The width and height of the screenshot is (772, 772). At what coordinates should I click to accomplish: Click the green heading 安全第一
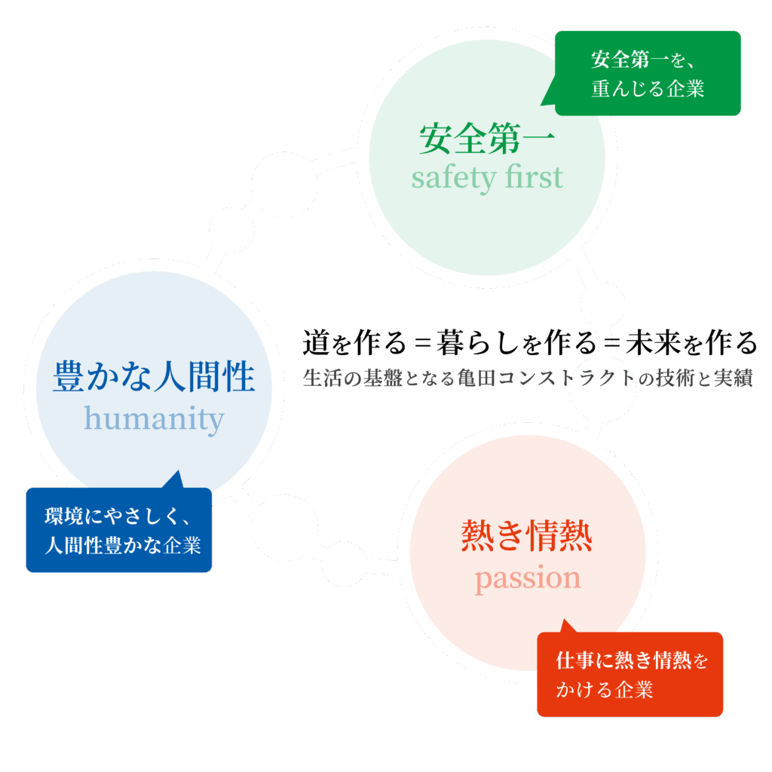tap(487, 139)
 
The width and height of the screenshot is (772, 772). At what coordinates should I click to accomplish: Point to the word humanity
tap(154, 418)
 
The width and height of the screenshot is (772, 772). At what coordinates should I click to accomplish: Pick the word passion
tap(527, 579)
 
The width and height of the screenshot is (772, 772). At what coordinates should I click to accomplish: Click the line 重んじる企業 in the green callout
tap(648, 89)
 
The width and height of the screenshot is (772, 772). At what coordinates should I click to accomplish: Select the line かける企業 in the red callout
tap(605, 690)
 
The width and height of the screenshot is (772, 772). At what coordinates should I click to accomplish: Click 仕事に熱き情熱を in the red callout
tap(632, 661)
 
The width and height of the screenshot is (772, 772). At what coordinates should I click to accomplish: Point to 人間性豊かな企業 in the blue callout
tap(123, 546)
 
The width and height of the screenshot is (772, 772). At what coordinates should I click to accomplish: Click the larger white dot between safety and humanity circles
tap(278, 184)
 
